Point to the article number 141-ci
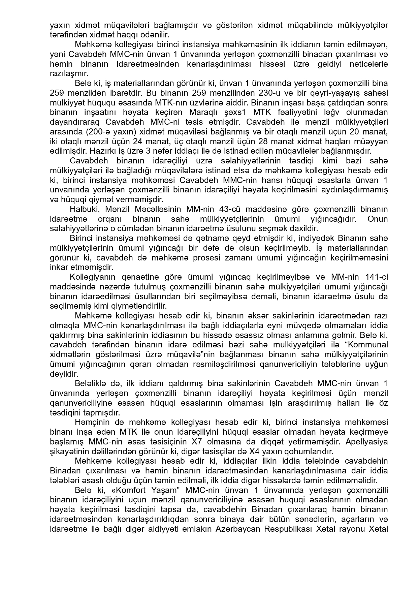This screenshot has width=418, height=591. click(377, 277)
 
